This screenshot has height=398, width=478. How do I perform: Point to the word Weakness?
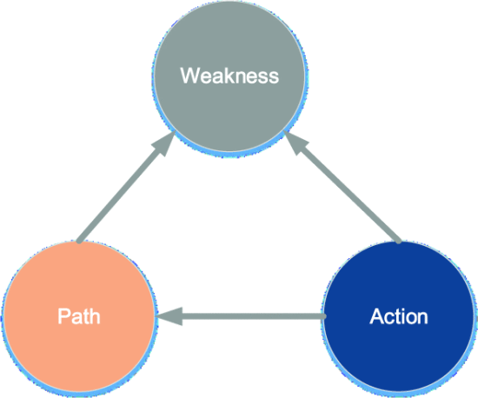click(229, 76)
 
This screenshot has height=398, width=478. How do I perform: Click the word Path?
click(79, 315)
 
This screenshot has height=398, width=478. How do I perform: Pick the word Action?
click(399, 315)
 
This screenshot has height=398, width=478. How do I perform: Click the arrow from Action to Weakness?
click(348, 191)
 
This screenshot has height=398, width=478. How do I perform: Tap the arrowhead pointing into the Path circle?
click(170, 318)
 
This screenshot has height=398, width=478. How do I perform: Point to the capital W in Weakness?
click(189, 76)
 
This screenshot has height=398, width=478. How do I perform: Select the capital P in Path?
click(63, 315)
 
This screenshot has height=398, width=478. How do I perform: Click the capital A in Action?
click(375, 315)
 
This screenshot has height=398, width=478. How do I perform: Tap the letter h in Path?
click(95, 315)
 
